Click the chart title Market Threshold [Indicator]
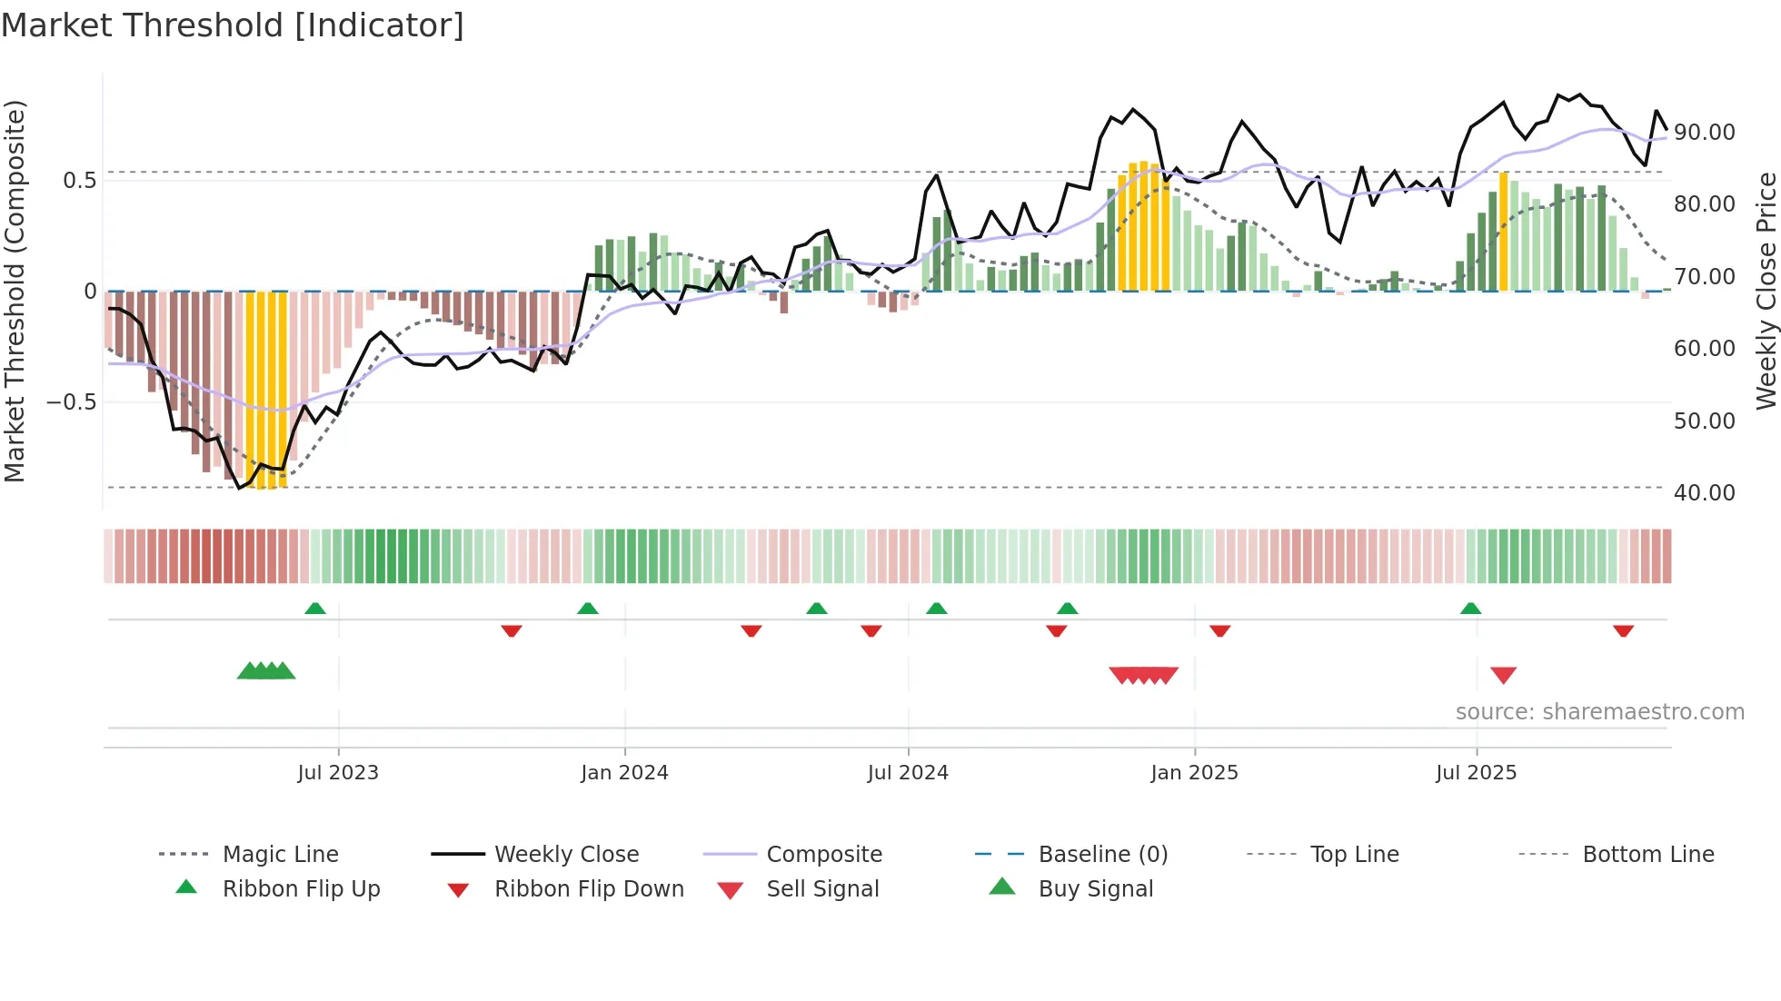tap(233, 25)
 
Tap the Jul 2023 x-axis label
tap(337, 773)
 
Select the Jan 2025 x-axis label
tap(1194, 773)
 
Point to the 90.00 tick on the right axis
tap(1704, 133)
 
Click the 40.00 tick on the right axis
tap(1704, 493)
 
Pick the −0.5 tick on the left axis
tap(72, 401)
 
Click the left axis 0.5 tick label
tap(79, 181)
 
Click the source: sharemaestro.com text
tap(1599, 712)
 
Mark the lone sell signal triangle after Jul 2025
tap(1503, 675)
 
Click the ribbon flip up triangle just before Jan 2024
tap(588, 609)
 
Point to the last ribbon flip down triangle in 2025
tap(1623, 630)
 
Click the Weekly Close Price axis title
tap(1765, 291)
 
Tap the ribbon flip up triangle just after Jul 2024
tap(936, 609)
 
